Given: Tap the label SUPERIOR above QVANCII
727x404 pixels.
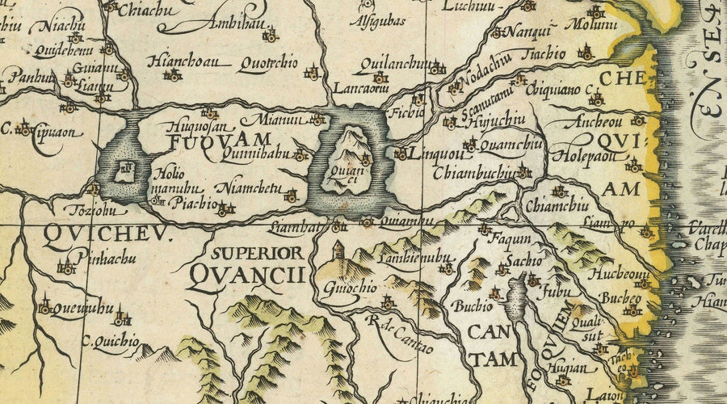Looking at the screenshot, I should click(258, 253).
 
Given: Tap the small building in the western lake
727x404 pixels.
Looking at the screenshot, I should click(124, 168).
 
